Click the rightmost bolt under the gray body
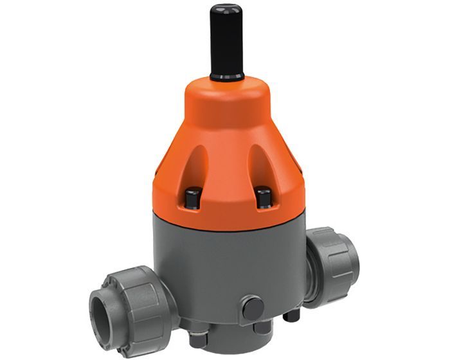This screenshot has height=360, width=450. (293, 316)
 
